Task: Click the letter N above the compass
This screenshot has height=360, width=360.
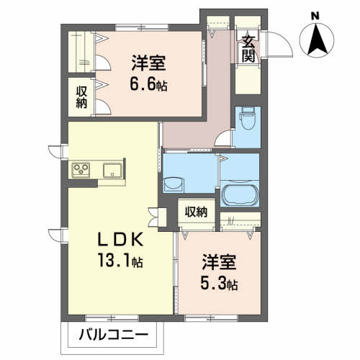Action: coord(315,14)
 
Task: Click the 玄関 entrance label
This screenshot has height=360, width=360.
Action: coord(248,50)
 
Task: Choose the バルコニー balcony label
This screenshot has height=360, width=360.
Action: coord(112,335)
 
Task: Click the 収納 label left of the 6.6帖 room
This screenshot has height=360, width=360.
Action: coord(83,97)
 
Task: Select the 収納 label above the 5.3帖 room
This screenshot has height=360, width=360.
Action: coord(196,212)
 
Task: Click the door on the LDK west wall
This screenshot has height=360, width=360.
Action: coord(55,150)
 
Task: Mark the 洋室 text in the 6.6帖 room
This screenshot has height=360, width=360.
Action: coord(148,63)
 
